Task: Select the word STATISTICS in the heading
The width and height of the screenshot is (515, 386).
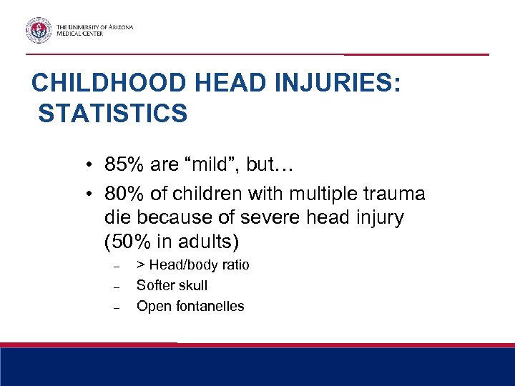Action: tap(113, 113)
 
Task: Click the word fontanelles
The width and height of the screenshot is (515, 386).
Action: tap(209, 306)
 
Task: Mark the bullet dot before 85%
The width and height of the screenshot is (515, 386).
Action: tap(84, 166)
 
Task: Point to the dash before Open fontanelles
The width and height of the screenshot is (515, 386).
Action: tap(114, 307)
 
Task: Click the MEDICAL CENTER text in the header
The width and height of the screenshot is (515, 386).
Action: tap(79, 34)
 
